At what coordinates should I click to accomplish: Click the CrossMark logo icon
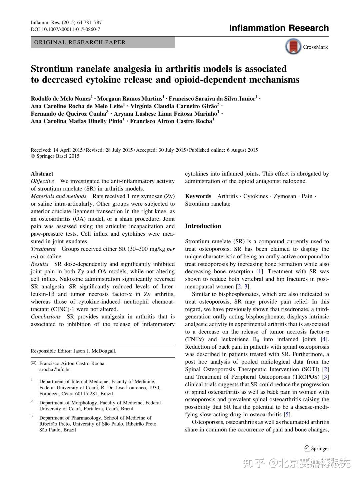click(x=293, y=47)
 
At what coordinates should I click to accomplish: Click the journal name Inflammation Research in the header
click(x=279, y=28)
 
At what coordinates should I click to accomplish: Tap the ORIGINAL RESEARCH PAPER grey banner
click(x=103, y=42)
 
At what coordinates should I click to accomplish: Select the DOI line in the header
click(x=65, y=29)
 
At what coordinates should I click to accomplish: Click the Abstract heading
click(x=42, y=174)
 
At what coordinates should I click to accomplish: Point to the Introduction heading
click(x=203, y=226)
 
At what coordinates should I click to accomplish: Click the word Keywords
click(x=198, y=196)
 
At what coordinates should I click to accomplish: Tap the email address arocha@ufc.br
click(x=55, y=369)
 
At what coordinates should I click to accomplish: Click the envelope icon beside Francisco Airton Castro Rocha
click(x=33, y=363)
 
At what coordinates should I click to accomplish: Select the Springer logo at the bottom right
click(x=316, y=448)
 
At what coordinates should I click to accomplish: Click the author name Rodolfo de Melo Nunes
click(x=61, y=98)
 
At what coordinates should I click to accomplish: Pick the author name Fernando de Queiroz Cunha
click(x=68, y=114)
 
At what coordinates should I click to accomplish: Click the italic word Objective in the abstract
click(x=42, y=181)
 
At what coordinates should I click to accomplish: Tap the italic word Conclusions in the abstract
click(x=46, y=317)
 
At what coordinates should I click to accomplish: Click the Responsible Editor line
click(x=73, y=351)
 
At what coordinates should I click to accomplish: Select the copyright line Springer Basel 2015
click(x=55, y=156)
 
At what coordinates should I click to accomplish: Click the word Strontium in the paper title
click(x=52, y=69)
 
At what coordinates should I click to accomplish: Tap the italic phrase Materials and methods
click(x=59, y=196)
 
